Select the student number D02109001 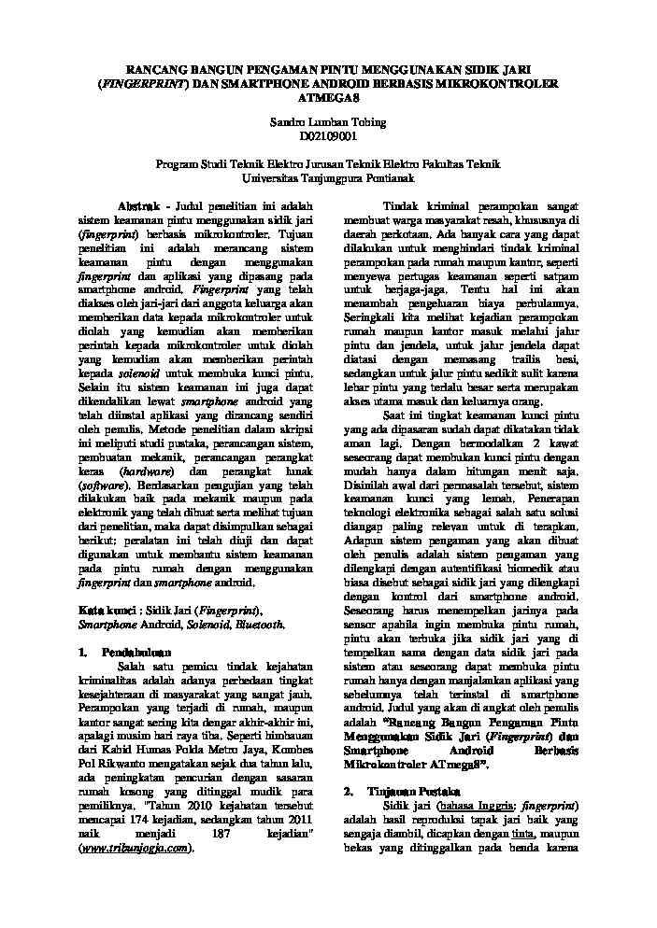(x=328, y=136)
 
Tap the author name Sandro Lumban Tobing (x=328, y=122)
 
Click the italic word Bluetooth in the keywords (x=260, y=624)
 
